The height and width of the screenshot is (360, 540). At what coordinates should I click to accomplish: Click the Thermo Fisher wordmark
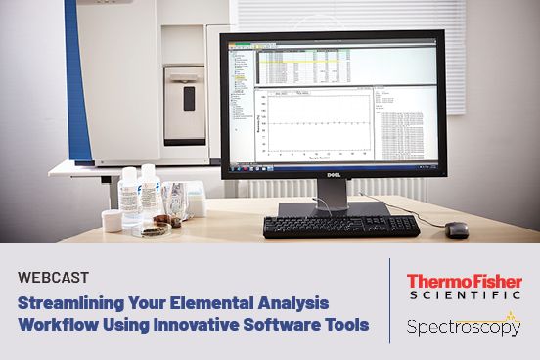click(x=464, y=282)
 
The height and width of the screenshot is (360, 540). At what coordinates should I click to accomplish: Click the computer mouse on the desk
click(x=457, y=230)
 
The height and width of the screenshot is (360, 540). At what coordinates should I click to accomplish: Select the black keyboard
click(x=339, y=226)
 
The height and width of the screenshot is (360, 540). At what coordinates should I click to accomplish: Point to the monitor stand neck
click(x=331, y=194)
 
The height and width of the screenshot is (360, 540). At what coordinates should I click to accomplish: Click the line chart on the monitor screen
click(x=312, y=124)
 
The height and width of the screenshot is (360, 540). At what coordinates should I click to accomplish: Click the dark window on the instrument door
click(x=189, y=98)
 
